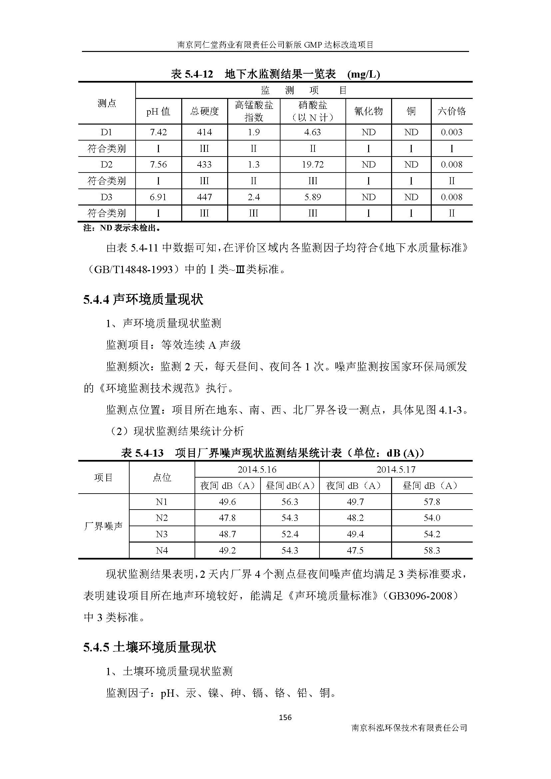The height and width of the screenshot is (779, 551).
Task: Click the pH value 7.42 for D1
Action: pos(158,132)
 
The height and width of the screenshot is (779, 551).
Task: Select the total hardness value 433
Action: pos(204,165)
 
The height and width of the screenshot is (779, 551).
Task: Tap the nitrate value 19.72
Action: pos(312,165)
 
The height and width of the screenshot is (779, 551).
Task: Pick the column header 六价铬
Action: pos(452,111)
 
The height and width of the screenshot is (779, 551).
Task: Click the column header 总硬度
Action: pos(204,111)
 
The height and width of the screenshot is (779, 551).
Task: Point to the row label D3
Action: pos(107,197)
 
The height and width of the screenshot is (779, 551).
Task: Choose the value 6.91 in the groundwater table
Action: pos(158,197)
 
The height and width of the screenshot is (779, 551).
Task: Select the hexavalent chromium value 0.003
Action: pos(452,132)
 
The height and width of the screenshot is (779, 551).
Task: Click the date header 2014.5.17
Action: pos(396,470)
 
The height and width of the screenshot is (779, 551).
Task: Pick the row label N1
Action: pos(162,502)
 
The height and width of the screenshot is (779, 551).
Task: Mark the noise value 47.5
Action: pos(355,550)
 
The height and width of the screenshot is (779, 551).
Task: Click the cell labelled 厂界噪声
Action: pos(104,526)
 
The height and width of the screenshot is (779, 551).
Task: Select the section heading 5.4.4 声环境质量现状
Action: pos(143,300)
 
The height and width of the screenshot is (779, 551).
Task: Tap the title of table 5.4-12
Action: pos(275,74)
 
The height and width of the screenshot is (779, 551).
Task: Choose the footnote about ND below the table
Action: pos(122,228)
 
